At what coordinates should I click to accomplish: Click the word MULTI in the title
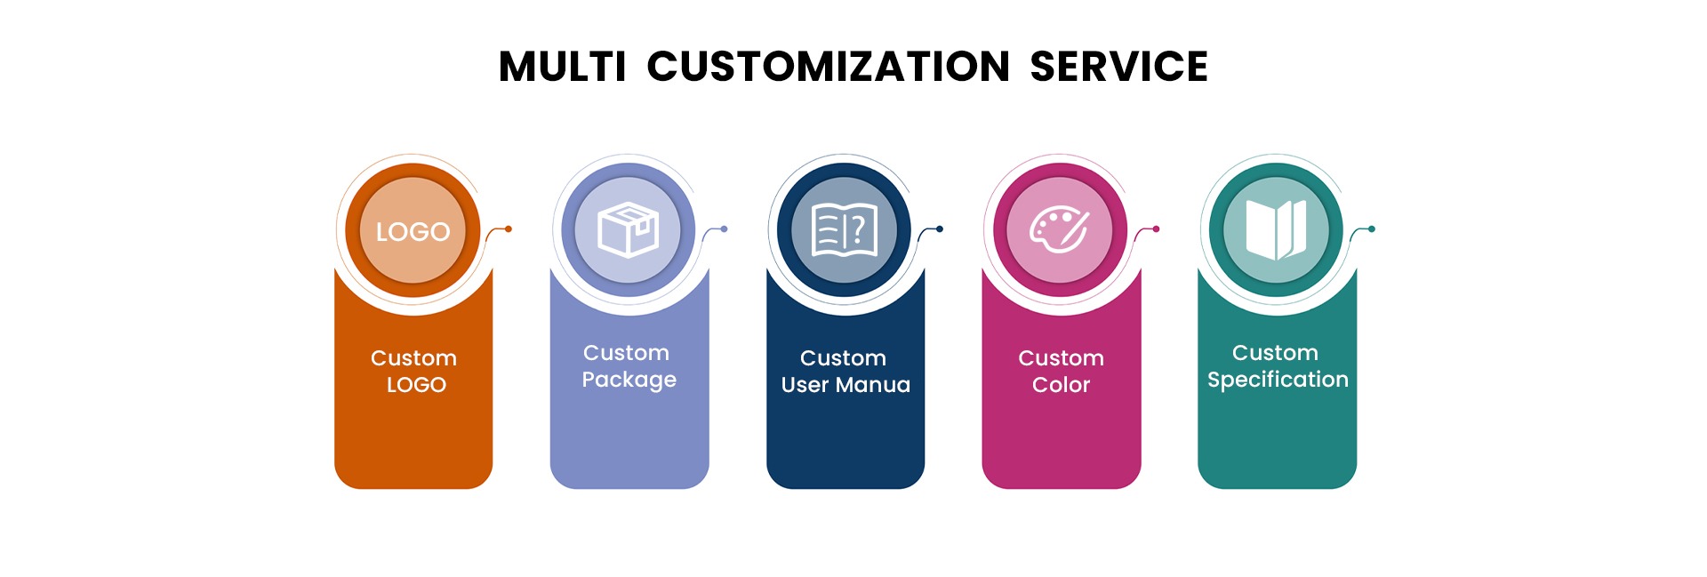point(562,67)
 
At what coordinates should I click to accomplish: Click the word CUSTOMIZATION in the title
point(828,67)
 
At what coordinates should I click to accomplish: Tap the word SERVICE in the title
point(1118,67)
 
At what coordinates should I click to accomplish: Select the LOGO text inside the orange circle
point(413,232)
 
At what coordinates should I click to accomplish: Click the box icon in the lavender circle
point(628,230)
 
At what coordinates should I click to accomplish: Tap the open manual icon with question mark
point(845,230)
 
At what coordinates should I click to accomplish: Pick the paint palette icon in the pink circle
point(1059,230)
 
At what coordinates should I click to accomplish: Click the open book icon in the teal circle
point(1276,230)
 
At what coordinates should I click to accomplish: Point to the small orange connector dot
point(509,229)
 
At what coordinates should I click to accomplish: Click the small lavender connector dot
point(725,229)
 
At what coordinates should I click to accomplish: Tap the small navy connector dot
point(940,229)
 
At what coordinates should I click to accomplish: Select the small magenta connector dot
point(1156,229)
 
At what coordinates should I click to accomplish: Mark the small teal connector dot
point(1372,229)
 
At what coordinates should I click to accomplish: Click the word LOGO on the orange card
point(416,385)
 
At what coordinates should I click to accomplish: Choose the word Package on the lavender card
point(629,381)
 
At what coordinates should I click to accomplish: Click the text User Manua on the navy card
point(845,385)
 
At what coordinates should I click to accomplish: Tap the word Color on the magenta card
point(1061,385)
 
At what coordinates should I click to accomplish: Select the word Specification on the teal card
point(1278,381)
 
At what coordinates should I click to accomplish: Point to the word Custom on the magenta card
point(1061,358)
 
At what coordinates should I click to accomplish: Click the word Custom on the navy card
point(843,358)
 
